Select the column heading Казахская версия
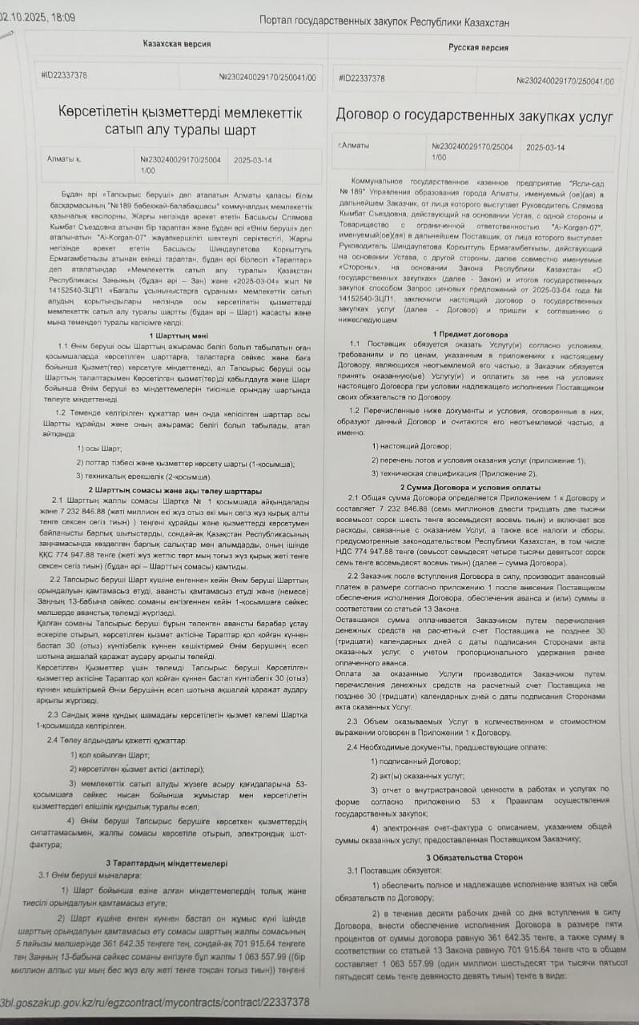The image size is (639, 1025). pyautogui.click(x=177, y=43)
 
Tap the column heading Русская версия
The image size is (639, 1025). pyautogui.click(x=478, y=48)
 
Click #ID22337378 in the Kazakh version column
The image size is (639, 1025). pyautogui.click(x=64, y=76)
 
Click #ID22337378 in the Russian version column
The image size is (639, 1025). pyautogui.click(x=362, y=78)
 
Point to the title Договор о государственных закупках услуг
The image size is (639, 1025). pyautogui.click(x=475, y=117)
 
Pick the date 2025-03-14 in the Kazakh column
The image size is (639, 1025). pyautogui.click(x=252, y=159)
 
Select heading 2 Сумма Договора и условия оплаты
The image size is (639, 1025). pyautogui.click(x=476, y=487)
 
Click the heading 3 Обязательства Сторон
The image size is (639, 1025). pyautogui.click(x=474, y=857)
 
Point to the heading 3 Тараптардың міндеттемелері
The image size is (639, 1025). pyautogui.click(x=167, y=863)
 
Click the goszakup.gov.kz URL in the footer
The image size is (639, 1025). pyautogui.click(x=155, y=1002)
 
